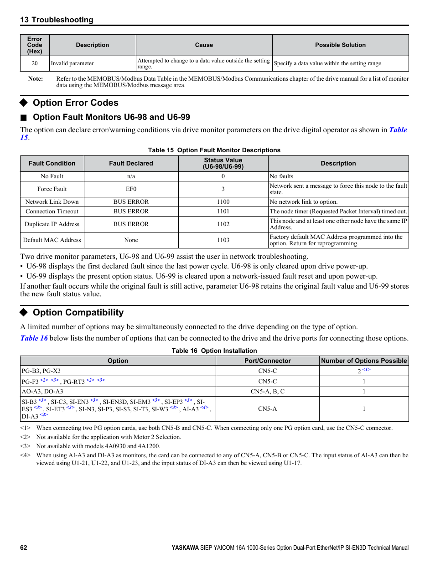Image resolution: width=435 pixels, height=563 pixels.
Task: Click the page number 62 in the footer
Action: [x=24, y=548]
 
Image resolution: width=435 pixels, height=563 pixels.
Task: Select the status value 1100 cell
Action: [x=223, y=202]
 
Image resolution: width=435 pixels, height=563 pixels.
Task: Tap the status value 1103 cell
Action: [x=223, y=240]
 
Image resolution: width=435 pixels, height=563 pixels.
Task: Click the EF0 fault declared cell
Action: [x=131, y=189]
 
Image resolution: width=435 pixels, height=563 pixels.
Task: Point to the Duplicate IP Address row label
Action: [x=52, y=224]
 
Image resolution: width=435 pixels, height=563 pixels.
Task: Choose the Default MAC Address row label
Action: [x=52, y=240]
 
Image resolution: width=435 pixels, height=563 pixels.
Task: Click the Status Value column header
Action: [x=223, y=163]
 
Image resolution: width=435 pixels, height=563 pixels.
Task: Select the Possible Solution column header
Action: [x=340, y=45]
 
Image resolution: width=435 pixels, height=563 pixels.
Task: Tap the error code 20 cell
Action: [x=35, y=63]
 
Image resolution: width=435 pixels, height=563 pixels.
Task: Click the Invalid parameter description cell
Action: [x=72, y=63]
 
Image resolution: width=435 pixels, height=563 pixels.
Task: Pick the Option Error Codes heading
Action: [x=75, y=103]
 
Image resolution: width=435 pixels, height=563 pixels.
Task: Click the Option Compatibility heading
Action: [x=78, y=312]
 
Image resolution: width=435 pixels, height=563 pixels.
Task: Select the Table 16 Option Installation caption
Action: [x=214, y=351]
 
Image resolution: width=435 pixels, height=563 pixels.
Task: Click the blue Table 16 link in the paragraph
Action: [x=34, y=338]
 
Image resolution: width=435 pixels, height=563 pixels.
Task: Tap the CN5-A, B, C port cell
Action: [x=267, y=392]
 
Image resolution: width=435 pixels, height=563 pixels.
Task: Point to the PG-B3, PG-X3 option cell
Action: [x=41, y=371]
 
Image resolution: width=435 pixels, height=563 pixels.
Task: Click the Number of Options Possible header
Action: [x=364, y=361]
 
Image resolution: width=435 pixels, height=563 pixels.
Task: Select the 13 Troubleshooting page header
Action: [x=57, y=20]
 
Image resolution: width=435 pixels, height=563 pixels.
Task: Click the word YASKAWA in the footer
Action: [x=185, y=548]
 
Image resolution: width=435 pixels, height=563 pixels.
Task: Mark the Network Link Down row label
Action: [x=52, y=202]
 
